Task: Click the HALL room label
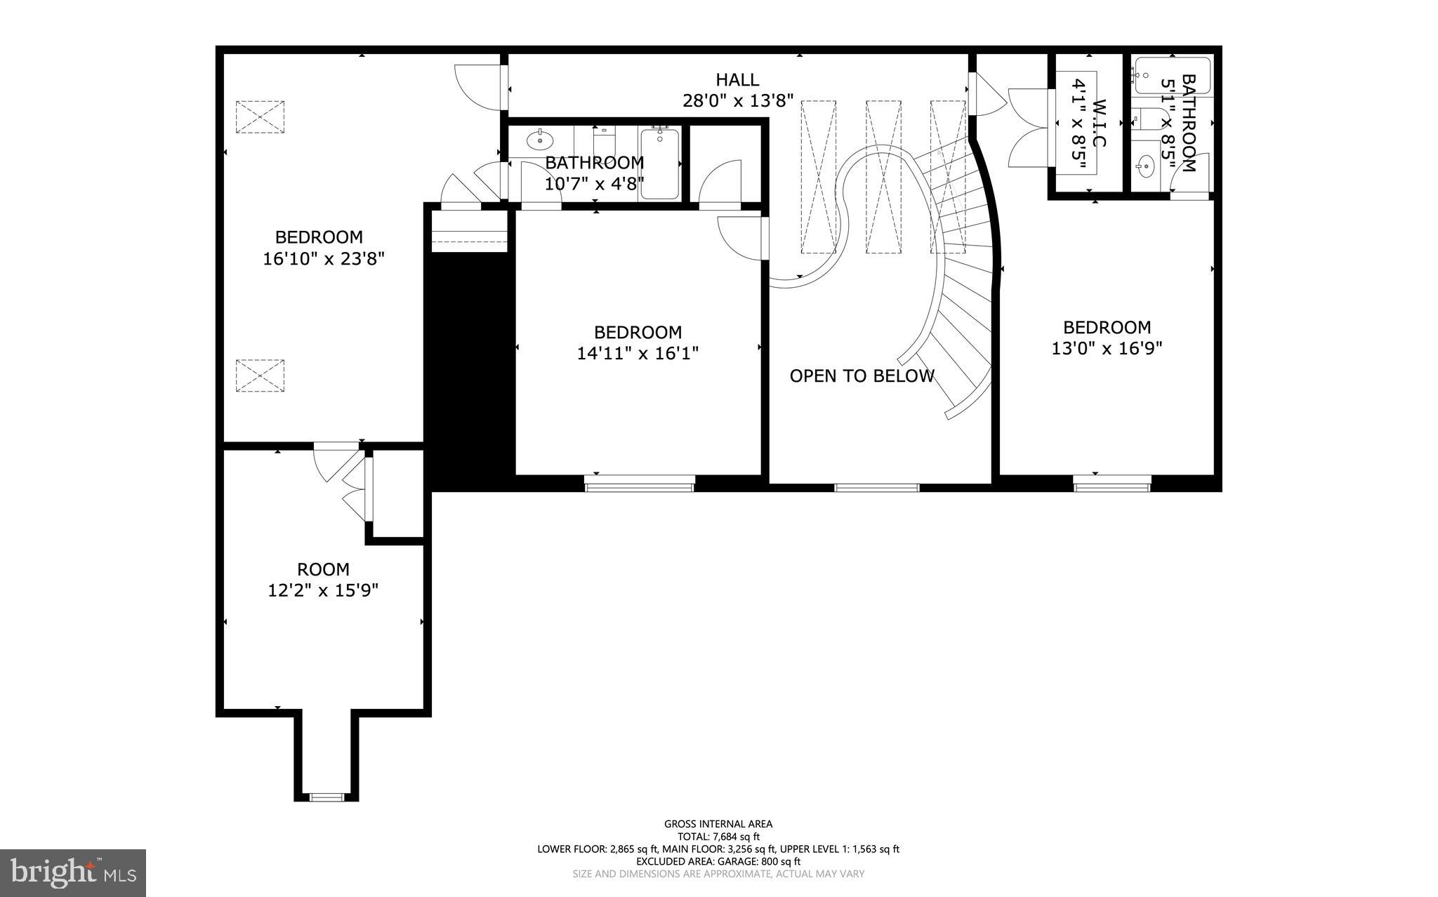pyautogui.click(x=737, y=79)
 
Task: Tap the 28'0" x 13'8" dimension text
pyautogui.click(x=738, y=101)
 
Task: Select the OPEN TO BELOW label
pyautogui.click(x=862, y=376)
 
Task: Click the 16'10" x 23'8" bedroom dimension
pyautogui.click(x=324, y=259)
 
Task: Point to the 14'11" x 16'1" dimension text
pyautogui.click(x=638, y=353)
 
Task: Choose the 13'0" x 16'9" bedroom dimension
pyautogui.click(x=1107, y=348)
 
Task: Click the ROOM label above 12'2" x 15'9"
pyautogui.click(x=323, y=569)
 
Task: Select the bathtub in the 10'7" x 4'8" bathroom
pyautogui.click(x=659, y=163)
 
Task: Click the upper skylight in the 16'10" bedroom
pyautogui.click(x=260, y=117)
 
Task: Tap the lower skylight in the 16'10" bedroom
pyautogui.click(x=260, y=376)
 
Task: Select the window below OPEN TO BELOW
pyautogui.click(x=876, y=487)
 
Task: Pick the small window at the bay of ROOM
pyautogui.click(x=327, y=797)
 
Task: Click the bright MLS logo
pyautogui.click(x=73, y=872)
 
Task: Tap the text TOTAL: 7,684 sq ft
pyautogui.click(x=718, y=837)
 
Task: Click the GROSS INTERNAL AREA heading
pyautogui.click(x=718, y=824)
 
